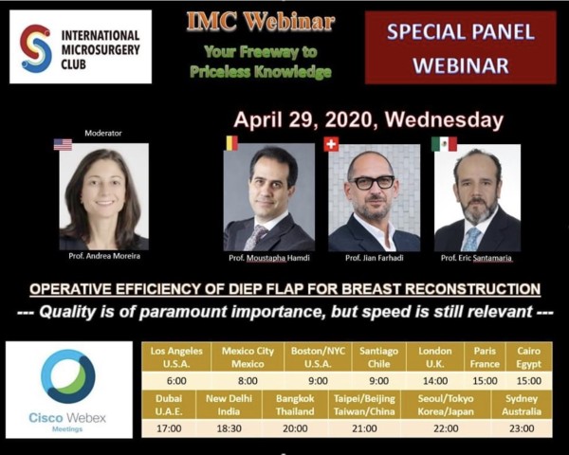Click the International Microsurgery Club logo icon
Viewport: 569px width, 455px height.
[x=36, y=48]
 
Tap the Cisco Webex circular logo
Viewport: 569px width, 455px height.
[x=68, y=376]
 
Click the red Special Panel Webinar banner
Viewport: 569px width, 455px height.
[x=461, y=47]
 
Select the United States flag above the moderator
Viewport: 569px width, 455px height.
[x=63, y=144]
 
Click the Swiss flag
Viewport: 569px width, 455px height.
[x=331, y=144]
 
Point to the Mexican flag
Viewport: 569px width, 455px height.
[x=444, y=144]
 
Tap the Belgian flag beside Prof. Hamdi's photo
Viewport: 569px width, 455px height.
[x=231, y=143]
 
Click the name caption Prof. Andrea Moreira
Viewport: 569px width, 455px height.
[x=104, y=256]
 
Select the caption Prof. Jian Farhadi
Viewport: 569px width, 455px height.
[x=375, y=258]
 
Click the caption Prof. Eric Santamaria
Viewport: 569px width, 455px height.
[x=476, y=258]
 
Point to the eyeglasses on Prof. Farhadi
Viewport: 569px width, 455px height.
[x=372, y=182]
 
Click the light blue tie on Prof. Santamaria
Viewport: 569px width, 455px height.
[x=471, y=239]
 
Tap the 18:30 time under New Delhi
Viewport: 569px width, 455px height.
[x=229, y=428]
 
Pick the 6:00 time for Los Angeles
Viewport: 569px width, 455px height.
[x=176, y=381]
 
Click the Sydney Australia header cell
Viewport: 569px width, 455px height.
[x=522, y=405]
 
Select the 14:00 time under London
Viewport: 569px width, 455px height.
[x=435, y=381]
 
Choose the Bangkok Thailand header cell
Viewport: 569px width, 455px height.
[x=295, y=405]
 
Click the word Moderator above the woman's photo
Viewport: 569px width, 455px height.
[x=103, y=133]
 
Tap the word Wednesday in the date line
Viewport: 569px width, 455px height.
[x=444, y=119]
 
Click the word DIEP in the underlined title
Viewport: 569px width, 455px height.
[x=245, y=289]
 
